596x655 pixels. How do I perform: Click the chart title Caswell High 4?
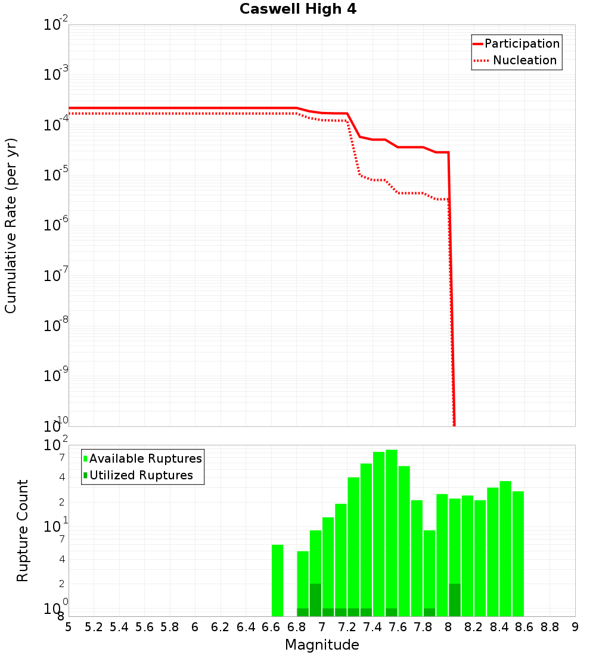tap(298, 10)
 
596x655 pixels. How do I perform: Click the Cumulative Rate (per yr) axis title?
tap(11, 226)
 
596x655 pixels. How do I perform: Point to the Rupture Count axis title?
tap(23, 531)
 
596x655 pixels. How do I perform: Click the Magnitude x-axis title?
tap(322, 645)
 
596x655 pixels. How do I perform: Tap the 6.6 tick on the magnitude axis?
tap(271, 627)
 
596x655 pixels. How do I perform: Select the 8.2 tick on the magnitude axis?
tap(474, 627)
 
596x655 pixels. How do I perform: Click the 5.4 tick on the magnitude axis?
tap(119, 627)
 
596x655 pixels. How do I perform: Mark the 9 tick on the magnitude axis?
tap(575, 627)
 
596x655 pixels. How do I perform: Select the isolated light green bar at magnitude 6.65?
tap(277, 581)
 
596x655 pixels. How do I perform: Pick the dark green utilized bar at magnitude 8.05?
tap(455, 600)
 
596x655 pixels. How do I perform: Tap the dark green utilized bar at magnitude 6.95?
tap(315, 600)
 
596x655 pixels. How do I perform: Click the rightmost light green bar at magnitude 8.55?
tap(518, 554)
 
